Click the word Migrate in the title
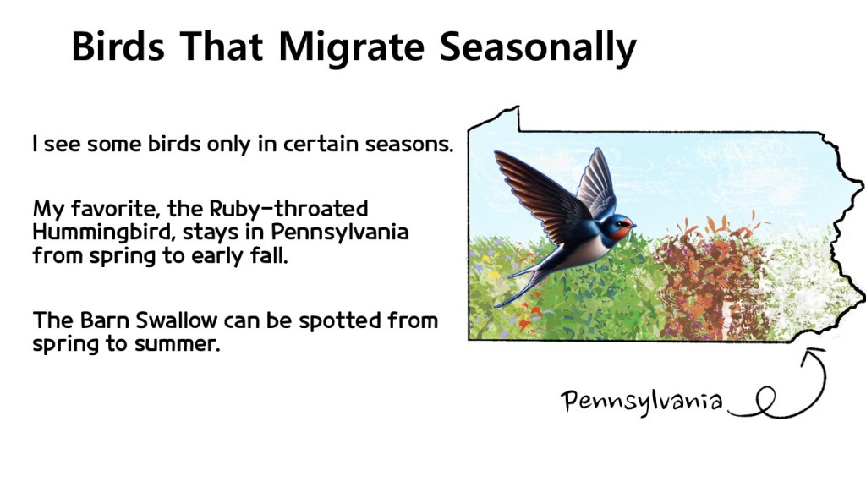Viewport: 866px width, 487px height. tap(351, 48)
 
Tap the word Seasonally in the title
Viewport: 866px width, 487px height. tap(538, 48)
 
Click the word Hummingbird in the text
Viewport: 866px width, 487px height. tap(103, 233)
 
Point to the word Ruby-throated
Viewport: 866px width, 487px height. tap(288, 209)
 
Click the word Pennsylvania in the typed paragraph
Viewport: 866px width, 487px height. tap(339, 232)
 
